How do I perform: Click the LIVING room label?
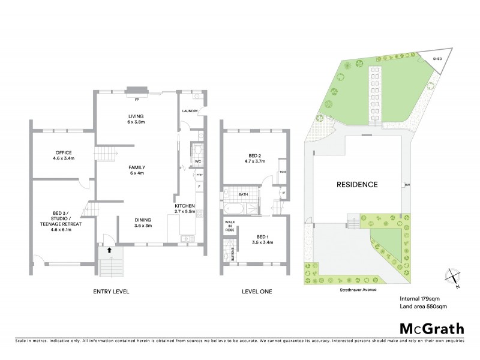133,116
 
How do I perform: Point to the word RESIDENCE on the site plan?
356,184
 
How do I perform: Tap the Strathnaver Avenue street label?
355,287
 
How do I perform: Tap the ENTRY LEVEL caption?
112,291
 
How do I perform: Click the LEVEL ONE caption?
256,291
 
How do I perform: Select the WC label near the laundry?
197,161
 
